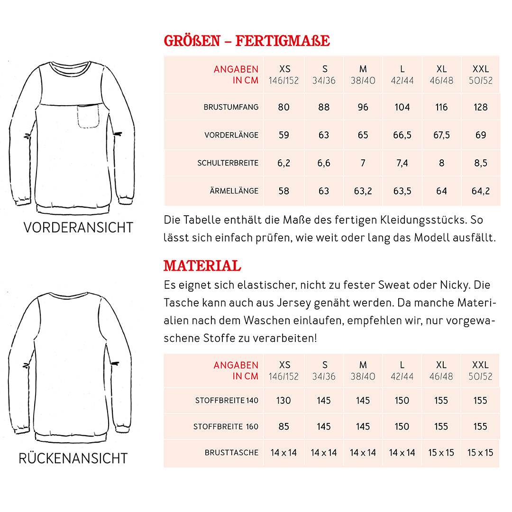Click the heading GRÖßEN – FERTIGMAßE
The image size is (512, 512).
click(247, 41)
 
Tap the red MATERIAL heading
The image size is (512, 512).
click(202, 266)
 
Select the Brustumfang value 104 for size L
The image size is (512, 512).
click(402, 107)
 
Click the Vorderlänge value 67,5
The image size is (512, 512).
click(441, 135)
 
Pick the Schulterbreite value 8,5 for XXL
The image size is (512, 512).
click(480, 163)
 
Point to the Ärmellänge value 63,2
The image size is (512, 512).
click(363, 191)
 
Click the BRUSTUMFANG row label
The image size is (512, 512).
click(231, 107)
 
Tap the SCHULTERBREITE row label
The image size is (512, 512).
click(228, 163)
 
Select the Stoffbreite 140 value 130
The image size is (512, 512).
click(283, 401)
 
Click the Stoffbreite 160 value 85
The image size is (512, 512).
click(283, 427)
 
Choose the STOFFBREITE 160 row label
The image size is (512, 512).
click(226, 427)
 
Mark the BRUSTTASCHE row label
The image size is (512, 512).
click(231, 453)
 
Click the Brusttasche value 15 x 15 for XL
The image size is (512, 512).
click(441, 453)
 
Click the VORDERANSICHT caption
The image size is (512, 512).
click(78, 228)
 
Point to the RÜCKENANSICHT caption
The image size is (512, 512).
click(73, 458)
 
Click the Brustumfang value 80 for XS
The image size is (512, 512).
click(283, 107)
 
